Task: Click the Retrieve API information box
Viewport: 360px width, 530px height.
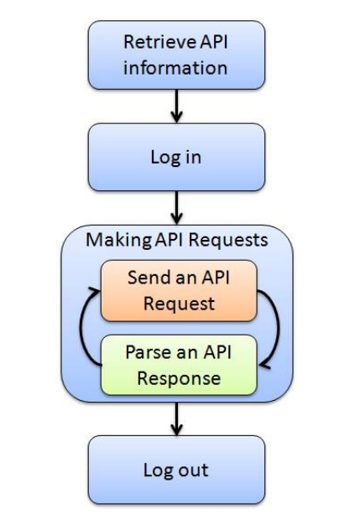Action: pos(176,55)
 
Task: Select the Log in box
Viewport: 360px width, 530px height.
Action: pos(176,158)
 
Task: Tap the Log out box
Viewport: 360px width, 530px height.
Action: pos(176,470)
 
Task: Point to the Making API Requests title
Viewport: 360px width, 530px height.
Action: pos(177,240)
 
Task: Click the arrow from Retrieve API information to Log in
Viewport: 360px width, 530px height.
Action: pos(176,106)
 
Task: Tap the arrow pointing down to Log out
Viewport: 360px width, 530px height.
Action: pos(176,418)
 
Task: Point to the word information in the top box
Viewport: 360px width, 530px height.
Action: pos(175,67)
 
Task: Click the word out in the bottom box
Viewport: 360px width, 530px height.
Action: pos(193,470)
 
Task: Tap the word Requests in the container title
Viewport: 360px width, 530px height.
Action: pos(228,240)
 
